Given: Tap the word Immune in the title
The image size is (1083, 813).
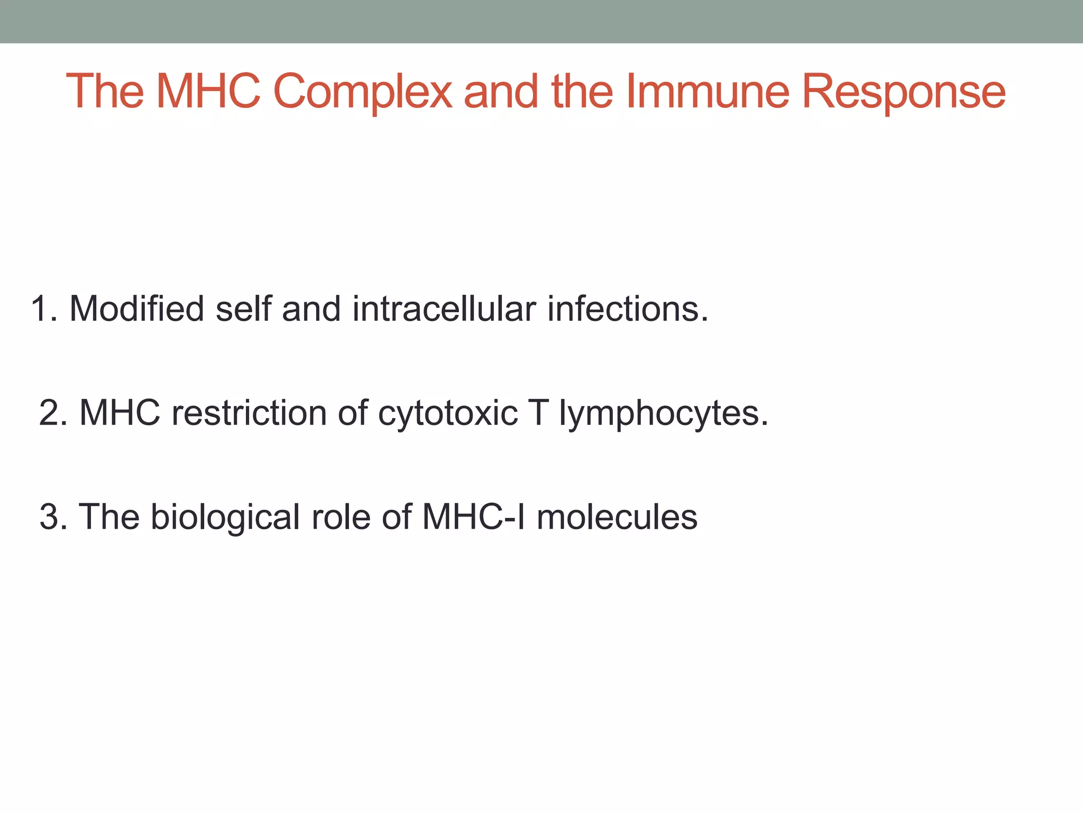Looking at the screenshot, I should tap(708, 92).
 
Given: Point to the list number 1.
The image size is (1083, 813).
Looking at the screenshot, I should tap(42, 309).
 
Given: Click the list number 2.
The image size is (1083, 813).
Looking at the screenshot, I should tap(52, 413).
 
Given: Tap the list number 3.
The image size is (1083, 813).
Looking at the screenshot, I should tap(52, 517).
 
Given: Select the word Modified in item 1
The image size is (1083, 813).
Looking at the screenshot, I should tap(136, 309).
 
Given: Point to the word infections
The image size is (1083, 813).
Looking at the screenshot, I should tap(627, 309).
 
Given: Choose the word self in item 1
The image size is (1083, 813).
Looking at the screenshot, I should tap(243, 309).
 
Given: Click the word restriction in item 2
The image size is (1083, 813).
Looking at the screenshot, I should tap(249, 413).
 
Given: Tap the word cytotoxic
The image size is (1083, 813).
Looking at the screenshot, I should tap(448, 413).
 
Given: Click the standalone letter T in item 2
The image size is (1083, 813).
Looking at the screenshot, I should tap(537, 413).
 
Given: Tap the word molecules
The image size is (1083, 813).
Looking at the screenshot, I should tap(617, 517).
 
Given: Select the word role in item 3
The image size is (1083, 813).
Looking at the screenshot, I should tap(341, 517).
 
